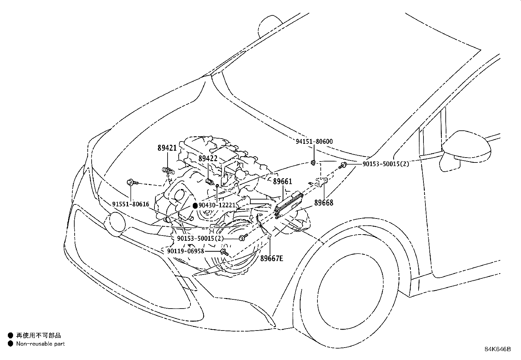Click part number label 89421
point(167,148)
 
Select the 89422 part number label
point(208,159)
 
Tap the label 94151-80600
point(314,142)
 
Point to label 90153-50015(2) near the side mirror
point(386,164)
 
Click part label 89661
point(282,182)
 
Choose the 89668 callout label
point(324,203)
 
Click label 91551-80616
point(131,204)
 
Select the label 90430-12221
point(217,205)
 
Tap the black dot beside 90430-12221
point(195,206)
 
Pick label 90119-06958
point(185,251)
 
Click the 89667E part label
point(272,259)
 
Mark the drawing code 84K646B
point(497,349)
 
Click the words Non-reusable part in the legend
point(41,344)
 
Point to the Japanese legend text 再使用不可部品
point(39,335)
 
